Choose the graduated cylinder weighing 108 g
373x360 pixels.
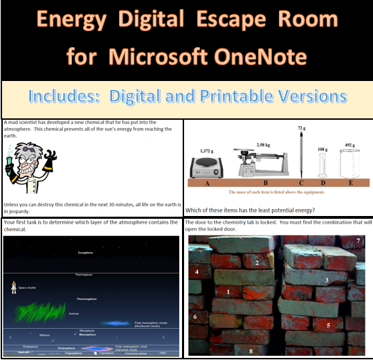322,166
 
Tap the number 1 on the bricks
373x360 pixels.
228,293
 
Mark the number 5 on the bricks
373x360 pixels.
329,324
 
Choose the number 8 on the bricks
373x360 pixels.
251,351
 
